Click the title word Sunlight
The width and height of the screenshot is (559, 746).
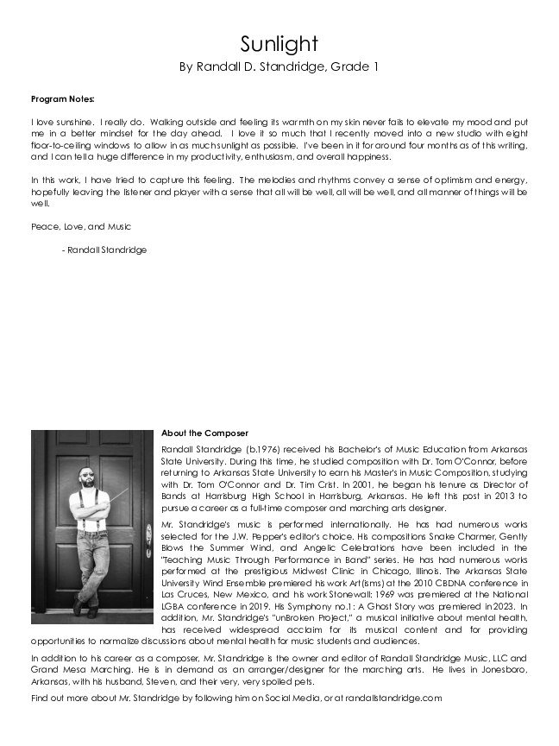pos(279,44)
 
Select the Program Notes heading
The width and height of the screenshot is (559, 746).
pos(61,99)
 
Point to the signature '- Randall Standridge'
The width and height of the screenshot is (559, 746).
pos(104,250)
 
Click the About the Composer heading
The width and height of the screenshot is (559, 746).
pos(204,433)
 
